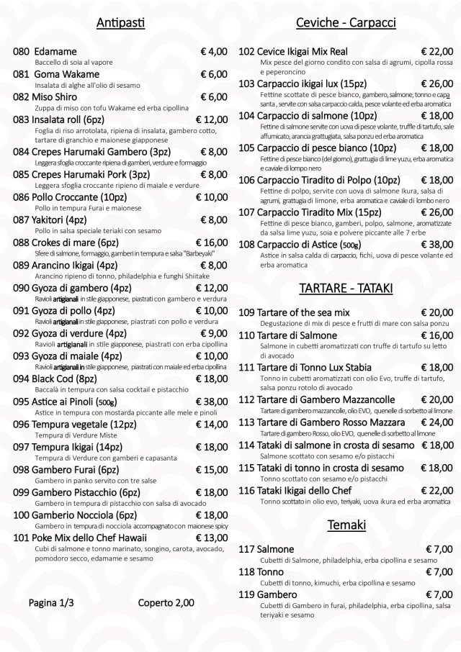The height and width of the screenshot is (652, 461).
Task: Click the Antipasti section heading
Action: click(120, 24)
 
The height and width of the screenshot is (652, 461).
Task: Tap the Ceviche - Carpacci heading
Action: click(346, 23)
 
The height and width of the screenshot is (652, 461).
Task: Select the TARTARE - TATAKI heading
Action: click(346, 289)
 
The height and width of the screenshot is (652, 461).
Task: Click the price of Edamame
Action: click(213, 52)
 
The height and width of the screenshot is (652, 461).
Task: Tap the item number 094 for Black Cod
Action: click(22, 379)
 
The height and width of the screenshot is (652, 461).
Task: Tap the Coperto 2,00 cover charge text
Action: click(166, 602)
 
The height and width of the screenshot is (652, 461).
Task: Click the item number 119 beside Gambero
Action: click(247, 594)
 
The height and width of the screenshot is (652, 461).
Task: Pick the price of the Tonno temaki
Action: click(439, 571)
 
